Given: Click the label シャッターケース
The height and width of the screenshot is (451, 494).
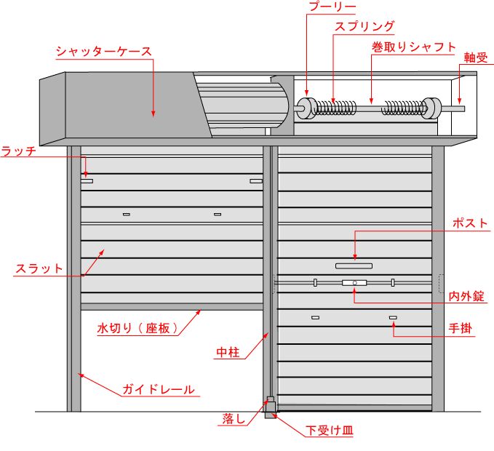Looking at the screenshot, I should click(x=104, y=52).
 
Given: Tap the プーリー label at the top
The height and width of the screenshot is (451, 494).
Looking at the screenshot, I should click(x=332, y=7).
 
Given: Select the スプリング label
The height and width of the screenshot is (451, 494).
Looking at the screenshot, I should click(x=364, y=27).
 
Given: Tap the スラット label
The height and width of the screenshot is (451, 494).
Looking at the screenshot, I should click(x=39, y=268).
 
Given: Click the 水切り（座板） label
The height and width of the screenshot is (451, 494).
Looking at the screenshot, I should click(x=138, y=328).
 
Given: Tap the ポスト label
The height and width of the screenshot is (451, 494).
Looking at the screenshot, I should click(x=469, y=223).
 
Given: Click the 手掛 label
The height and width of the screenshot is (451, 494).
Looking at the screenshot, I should click(x=461, y=329).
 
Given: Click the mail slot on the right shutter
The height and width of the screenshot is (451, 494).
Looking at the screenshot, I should click(x=354, y=266).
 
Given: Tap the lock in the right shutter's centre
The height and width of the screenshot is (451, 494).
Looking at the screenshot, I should click(x=354, y=282).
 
